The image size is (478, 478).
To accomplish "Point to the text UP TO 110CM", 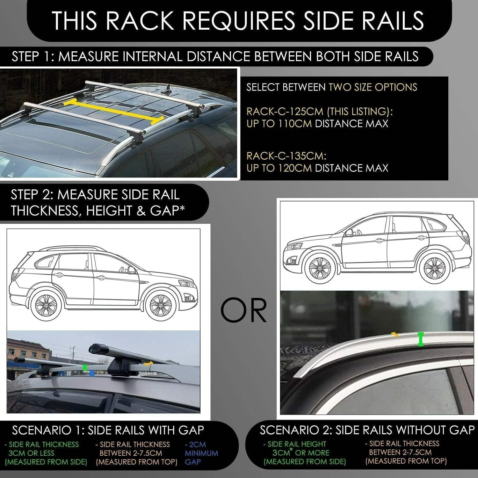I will [x=279, y=124].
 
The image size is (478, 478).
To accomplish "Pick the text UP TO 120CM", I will [x=279, y=168].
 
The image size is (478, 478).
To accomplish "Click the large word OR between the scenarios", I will [x=244, y=310].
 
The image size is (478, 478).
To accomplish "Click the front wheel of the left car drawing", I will [x=160, y=305].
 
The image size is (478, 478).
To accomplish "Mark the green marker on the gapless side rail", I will [x=421, y=339].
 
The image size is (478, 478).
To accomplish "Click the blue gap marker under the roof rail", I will [x=92, y=373].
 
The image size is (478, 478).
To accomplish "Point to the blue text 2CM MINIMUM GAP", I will [x=201, y=453].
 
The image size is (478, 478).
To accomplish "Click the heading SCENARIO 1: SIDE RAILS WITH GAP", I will [x=108, y=430].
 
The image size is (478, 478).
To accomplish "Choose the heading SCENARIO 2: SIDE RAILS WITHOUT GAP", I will [x=367, y=430].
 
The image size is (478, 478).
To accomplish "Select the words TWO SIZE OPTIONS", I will [x=373, y=87].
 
